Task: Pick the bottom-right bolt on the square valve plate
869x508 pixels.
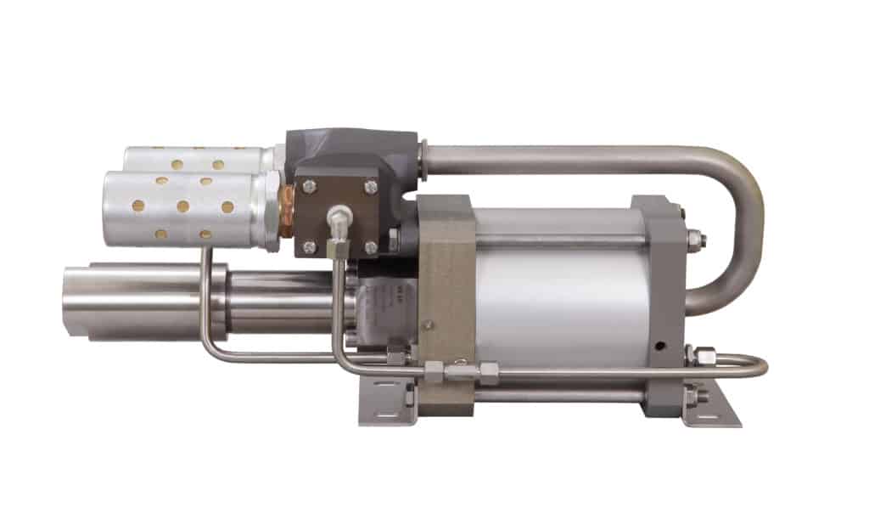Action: pyautogui.click(x=371, y=247)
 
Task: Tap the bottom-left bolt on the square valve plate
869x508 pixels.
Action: pyautogui.click(x=309, y=247)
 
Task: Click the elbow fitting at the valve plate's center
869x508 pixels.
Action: pyautogui.click(x=339, y=217)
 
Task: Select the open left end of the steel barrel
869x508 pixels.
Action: pyautogui.click(x=76, y=302)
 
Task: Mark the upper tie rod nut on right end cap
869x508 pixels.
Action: pyautogui.click(x=693, y=237)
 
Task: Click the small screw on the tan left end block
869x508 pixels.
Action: pyautogui.click(x=429, y=324)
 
